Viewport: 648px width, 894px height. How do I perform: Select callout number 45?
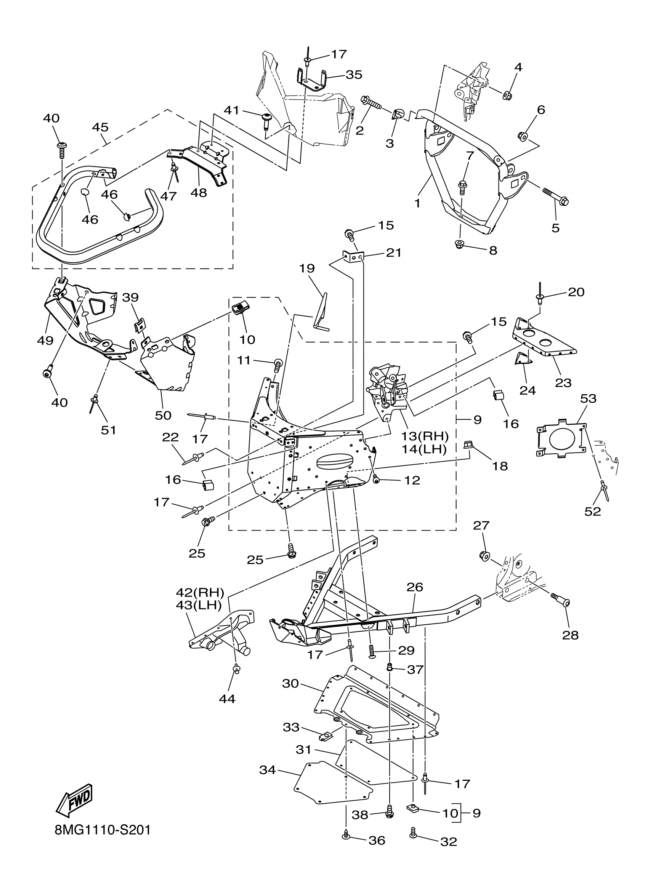pos(100,127)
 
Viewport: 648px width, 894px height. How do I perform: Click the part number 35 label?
pos(354,75)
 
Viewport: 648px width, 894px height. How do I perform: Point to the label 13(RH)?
pos(425,436)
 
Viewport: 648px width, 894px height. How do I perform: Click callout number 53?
pos(588,398)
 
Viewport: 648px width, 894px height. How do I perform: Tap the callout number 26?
pos(414,598)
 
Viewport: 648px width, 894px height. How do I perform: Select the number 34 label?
pos(268,769)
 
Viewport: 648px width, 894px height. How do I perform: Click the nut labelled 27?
pos(485,556)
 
